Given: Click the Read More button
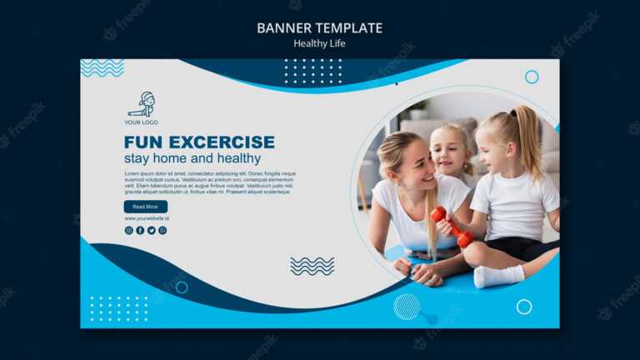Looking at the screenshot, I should click(x=145, y=207).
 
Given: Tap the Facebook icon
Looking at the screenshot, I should click(x=140, y=230).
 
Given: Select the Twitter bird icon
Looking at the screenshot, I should click(x=151, y=230).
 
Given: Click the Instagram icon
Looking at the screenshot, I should click(x=128, y=230).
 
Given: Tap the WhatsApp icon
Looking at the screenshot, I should click(x=162, y=230).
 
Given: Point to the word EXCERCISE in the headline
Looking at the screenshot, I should click(x=222, y=142).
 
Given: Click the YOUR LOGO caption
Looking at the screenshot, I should click(x=141, y=122).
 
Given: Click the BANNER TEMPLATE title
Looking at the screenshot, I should click(x=319, y=27).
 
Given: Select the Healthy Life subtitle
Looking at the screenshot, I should click(x=319, y=43).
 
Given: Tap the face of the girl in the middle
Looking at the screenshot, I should click(x=451, y=153).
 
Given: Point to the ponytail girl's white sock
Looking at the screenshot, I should click(x=498, y=276).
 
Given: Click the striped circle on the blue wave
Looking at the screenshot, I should click(x=407, y=306).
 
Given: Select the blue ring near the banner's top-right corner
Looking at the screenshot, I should click(x=532, y=77).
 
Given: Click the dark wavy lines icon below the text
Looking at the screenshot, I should click(x=312, y=266).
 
